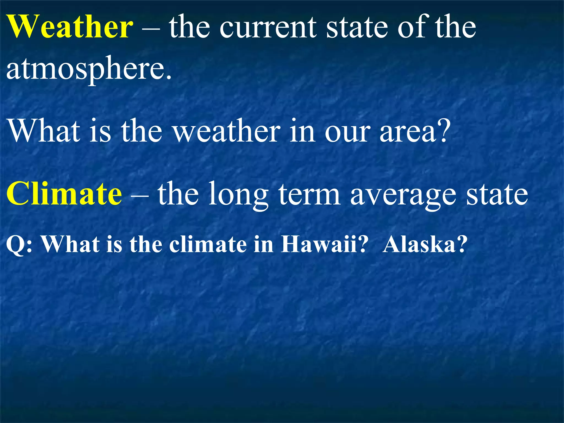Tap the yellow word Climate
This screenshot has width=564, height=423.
[x=64, y=194]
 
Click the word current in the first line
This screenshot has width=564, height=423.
[x=268, y=28]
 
